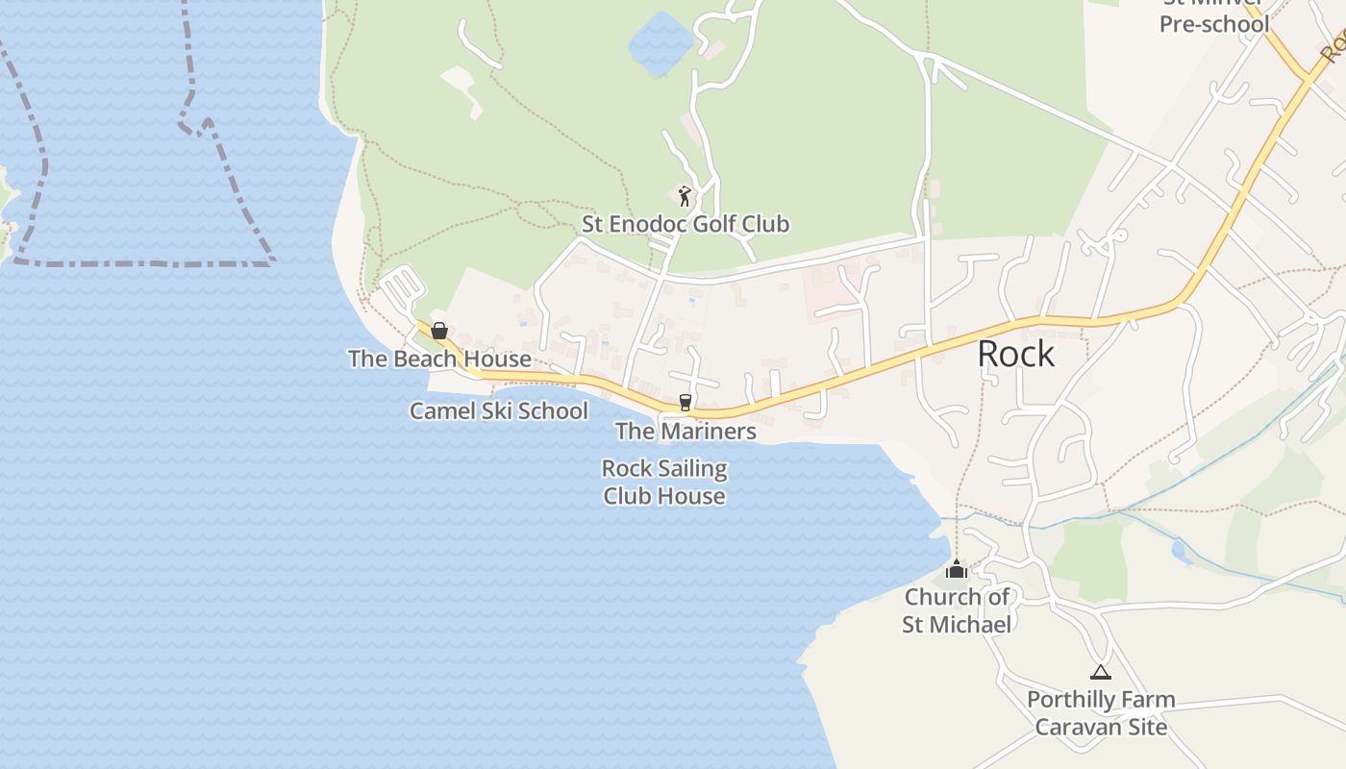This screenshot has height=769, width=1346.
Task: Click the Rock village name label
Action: click(x=1015, y=354)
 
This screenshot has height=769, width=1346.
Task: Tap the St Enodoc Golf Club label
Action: click(x=685, y=224)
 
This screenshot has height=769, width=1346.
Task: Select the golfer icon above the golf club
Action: click(x=684, y=196)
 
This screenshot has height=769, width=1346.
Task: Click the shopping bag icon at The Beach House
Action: click(x=439, y=331)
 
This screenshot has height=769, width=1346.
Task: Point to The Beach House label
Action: click(x=439, y=359)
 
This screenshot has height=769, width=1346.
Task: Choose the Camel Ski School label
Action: click(x=498, y=410)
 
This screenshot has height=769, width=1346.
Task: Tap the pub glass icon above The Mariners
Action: click(x=685, y=402)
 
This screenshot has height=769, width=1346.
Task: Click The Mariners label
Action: click(x=685, y=431)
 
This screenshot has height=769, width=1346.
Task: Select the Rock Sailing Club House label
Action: click(x=663, y=483)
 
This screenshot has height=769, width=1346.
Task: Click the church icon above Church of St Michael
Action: click(x=956, y=569)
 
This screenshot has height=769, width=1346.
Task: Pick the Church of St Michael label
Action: click(x=957, y=610)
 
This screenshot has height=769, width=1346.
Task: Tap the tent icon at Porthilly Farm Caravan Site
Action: click(x=1100, y=672)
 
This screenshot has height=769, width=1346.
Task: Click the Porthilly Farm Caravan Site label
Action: click(x=1101, y=712)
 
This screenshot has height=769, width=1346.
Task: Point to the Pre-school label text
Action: click(x=1214, y=24)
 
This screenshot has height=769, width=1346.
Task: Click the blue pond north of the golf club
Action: click(x=661, y=44)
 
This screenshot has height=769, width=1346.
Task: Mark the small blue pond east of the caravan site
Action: click(x=1181, y=552)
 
